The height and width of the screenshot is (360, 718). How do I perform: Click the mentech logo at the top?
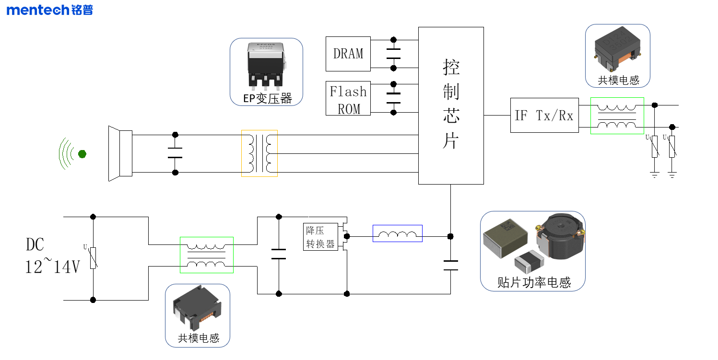click(x=49, y=10)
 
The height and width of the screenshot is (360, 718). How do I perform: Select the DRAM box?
click(x=348, y=54)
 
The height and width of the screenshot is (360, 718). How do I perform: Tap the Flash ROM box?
click(x=348, y=98)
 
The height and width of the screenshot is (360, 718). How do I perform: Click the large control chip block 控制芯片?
click(x=450, y=105)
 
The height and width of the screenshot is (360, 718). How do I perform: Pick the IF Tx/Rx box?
click(x=544, y=116)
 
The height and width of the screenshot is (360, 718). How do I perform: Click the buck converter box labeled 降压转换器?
click(x=320, y=237)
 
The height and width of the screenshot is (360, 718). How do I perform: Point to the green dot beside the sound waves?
click(x=82, y=154)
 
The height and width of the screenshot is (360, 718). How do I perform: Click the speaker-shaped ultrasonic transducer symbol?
click(x=120, y=153)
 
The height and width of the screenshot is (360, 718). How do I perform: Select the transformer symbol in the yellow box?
click(x=259, y=153)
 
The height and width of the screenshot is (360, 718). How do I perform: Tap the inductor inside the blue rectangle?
click(x=397, y=233)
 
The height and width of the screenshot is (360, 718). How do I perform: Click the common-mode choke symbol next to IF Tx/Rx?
click(x=617, y=116)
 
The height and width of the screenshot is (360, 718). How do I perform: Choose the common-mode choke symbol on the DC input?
click(x=206, y=255)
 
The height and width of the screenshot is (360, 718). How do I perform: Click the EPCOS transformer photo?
click(x=266, y=65)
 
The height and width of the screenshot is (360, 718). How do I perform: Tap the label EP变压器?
click(x=267, y=99)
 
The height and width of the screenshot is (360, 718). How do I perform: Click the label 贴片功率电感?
click(x=533, y=282)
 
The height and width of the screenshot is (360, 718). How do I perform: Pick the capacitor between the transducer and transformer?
click(x=175, y=153)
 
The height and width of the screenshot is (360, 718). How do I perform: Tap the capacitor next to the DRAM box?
click(x=393, y=54)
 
